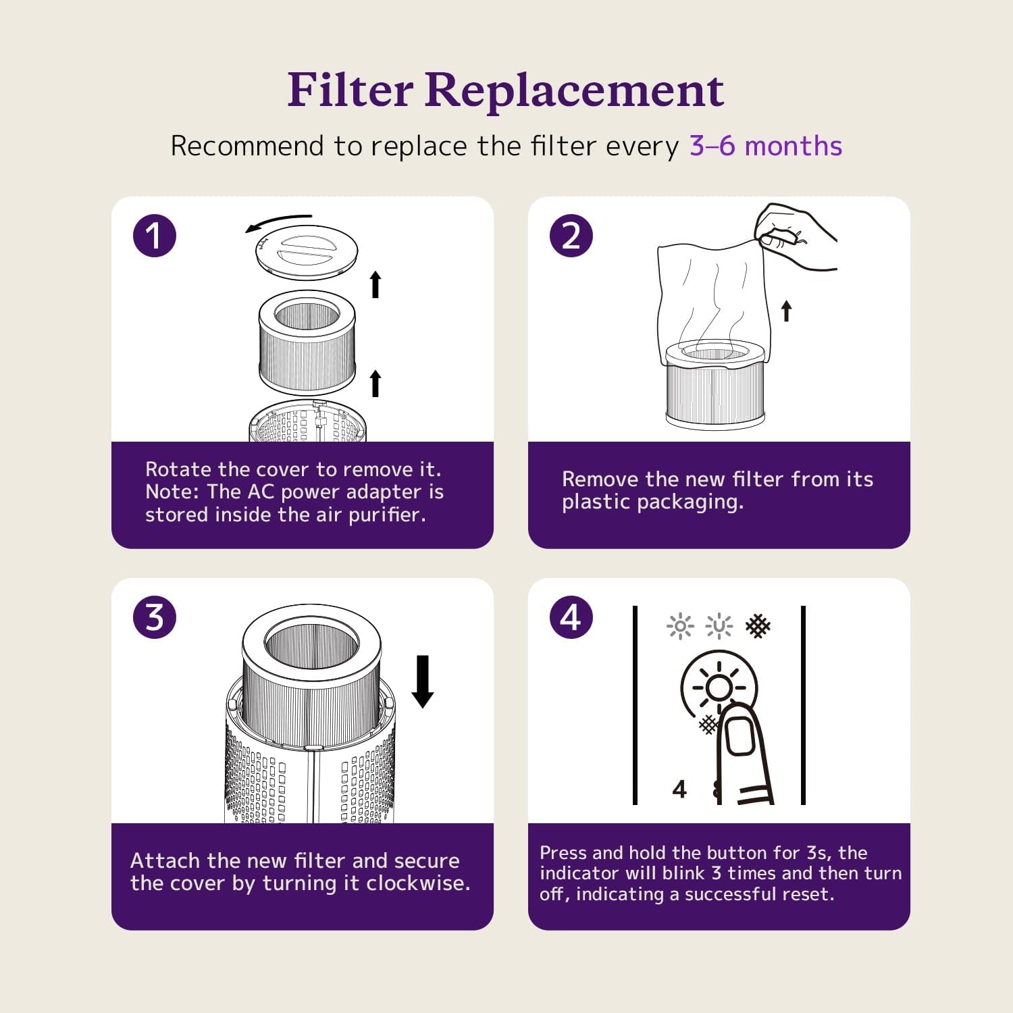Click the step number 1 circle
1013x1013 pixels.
click(155, 236)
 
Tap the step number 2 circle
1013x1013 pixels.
click(571, 236)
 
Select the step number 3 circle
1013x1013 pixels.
click(155, 617)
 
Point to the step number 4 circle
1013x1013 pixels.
click(571, 617)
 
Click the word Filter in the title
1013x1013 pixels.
click(350, 90)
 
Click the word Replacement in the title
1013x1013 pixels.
click(575, 91)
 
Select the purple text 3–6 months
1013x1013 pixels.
click(766, 146)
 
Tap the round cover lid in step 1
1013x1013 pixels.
click(307, 252)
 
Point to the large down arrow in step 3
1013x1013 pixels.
click(423, 681)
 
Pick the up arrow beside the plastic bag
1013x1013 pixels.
click(786, 311)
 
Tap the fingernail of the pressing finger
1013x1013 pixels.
click(739, 737)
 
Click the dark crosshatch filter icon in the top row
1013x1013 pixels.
click(758, 627)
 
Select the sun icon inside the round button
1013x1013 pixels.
click(719, 688)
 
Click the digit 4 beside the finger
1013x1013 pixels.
click(679, 789)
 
